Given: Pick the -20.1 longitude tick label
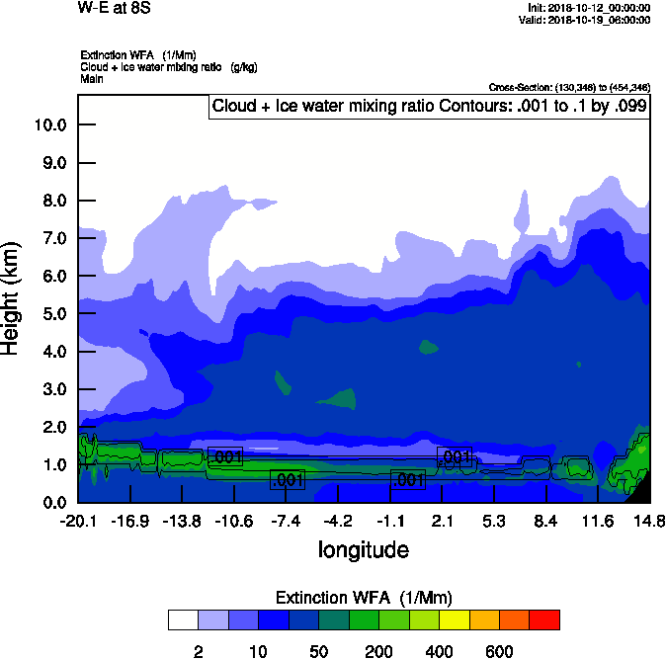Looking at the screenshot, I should tap(78, 521).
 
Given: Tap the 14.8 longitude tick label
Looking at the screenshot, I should tap(649, 521).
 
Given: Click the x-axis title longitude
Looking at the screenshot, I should tap(364, 549).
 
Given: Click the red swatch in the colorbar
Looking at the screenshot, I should tap(544, 620).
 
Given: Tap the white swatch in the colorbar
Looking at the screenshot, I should tap(183, 620).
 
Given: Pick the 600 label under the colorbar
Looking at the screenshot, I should tap(499, 652).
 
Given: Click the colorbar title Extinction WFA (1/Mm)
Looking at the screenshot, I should tap(364, 598).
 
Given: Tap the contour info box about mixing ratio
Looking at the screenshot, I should tap(429, 106).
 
